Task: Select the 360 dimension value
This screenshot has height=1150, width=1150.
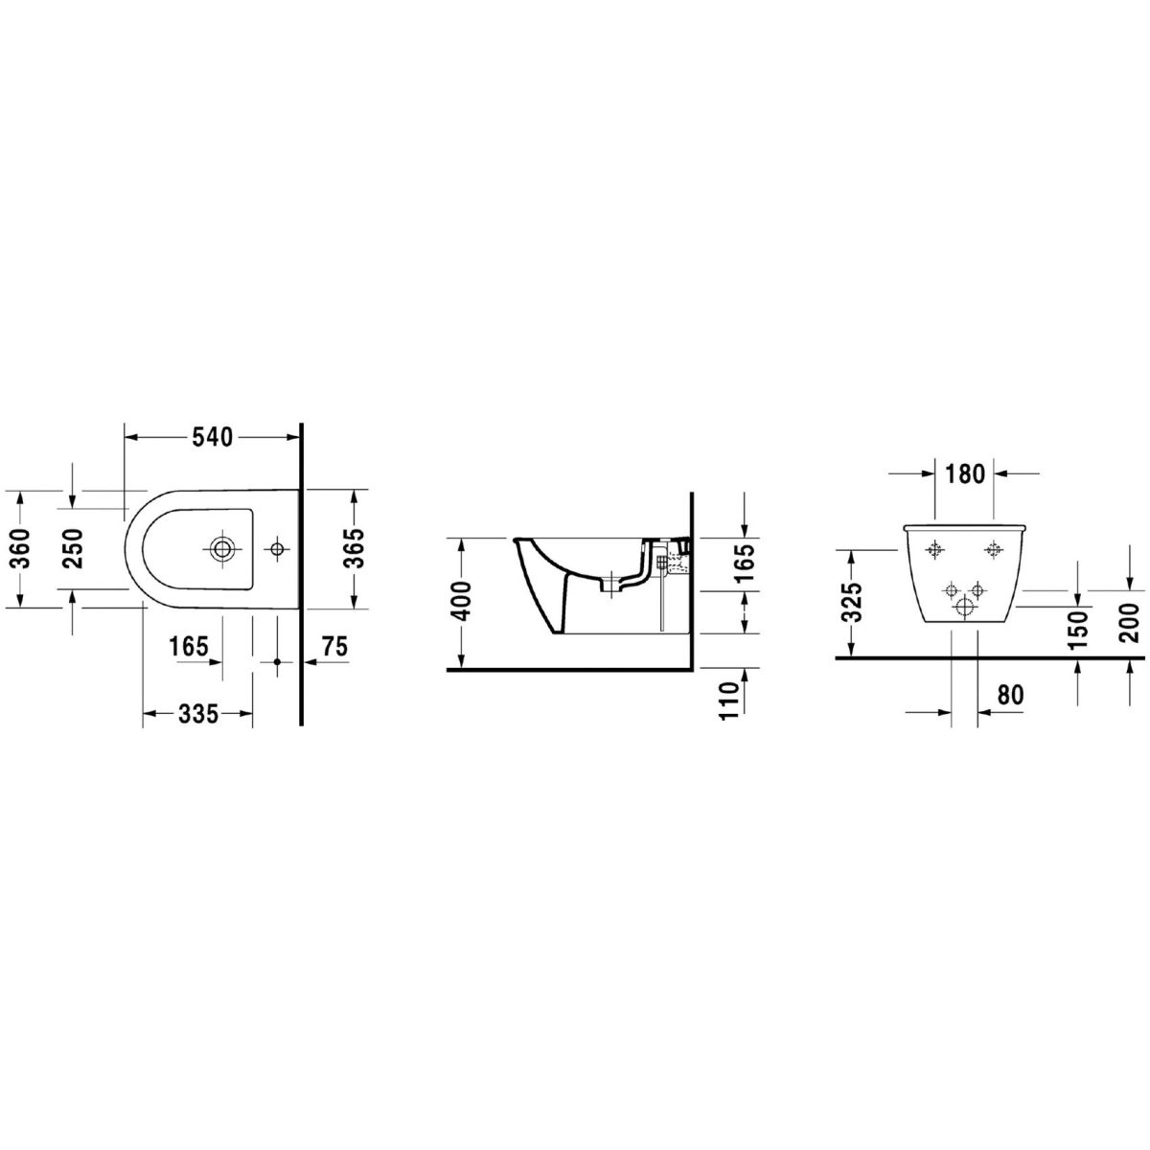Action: click(20, 548)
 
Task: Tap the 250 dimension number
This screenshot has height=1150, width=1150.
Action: click(74, 548)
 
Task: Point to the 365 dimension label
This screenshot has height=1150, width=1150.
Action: click(356, 548)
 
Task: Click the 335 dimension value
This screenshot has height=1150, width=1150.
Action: click(198, 713)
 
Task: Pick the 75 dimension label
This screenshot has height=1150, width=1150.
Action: click(334, 646)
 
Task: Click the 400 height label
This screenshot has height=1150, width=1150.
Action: click(464, 601)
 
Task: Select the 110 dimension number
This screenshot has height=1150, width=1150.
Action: click(730, 701)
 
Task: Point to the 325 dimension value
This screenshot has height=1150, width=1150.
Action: click(855, 602)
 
